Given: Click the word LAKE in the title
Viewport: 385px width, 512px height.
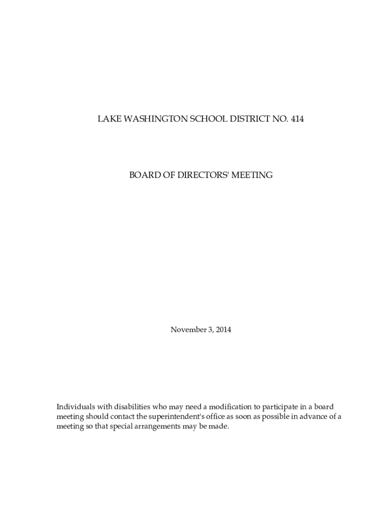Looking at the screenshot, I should point(106,119).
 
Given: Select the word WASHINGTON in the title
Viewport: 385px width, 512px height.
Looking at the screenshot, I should point(145,119).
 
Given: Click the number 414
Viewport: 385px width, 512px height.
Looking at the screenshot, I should point(297,119).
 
